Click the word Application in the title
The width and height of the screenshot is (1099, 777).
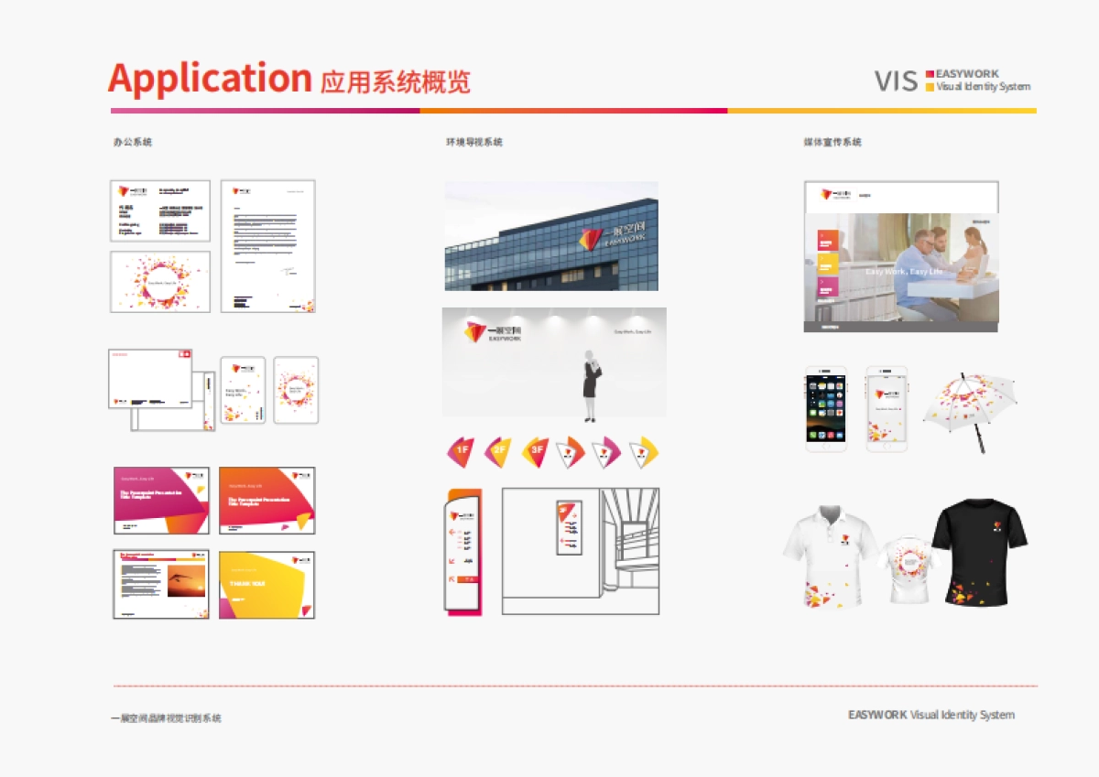tap(210, 80)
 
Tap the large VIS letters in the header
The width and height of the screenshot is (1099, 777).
tap(895, 81)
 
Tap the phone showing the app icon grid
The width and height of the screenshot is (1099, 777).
tap(826, 408)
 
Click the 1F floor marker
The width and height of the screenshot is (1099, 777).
tap(461, 450)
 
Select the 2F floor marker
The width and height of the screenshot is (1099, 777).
tap(497, 450)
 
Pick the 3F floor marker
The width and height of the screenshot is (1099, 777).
tap(534, 450)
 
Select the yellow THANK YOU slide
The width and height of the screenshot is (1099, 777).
tap(267, 585)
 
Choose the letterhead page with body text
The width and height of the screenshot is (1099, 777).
tap(268, 245)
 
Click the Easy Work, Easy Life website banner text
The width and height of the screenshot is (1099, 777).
tap(903, 272)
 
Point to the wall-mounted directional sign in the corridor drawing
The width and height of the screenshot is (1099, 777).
tap(569, 527)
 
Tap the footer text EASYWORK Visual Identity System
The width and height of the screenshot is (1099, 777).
tap(930, 715)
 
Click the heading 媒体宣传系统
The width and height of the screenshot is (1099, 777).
tap(832, 142)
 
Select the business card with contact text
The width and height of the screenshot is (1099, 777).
tap(160, 210)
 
